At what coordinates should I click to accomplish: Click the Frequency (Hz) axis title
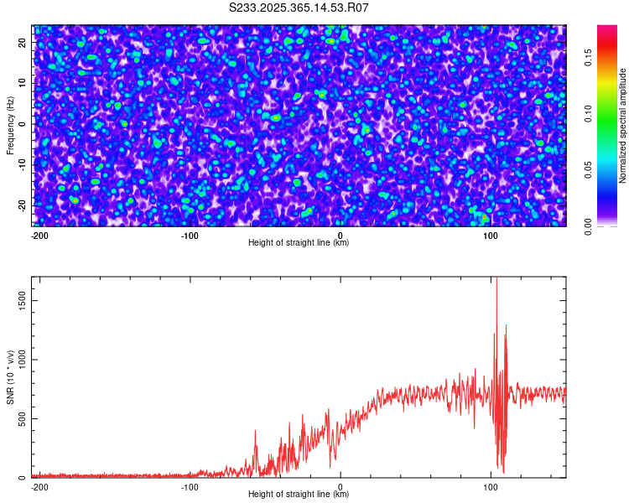[10, 125]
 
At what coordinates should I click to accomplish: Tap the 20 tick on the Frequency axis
[23, 44]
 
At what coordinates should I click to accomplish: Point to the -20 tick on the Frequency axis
[23, 205]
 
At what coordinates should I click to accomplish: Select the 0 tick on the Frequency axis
[23, 124]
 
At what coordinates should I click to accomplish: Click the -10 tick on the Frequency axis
[23, 164]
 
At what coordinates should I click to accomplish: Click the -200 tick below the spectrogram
[39, 235]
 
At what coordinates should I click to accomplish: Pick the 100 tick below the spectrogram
[491, 235]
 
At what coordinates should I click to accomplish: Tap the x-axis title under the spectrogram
[299, 243]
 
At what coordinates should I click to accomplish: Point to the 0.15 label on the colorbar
[590, 57]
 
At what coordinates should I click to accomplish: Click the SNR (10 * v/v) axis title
[10, 377]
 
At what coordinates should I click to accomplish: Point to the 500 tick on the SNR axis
[21, 418]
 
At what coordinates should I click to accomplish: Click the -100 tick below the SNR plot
[190, 486]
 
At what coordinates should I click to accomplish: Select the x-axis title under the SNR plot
[299, 495]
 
